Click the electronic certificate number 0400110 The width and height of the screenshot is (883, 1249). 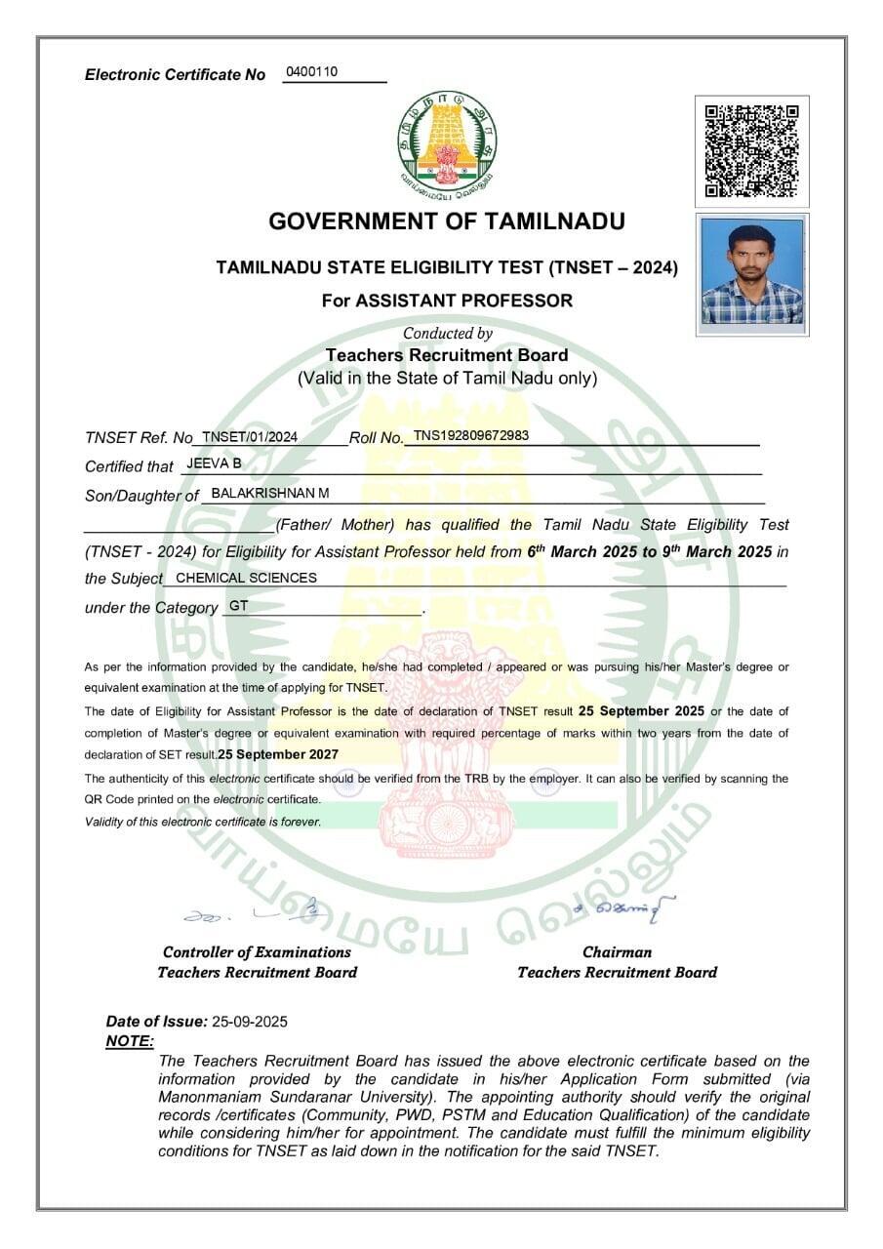point(311,72)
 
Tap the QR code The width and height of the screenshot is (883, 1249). point(751,150)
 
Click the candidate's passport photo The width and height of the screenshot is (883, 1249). point(751,272)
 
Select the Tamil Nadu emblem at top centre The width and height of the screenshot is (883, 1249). point(446,140)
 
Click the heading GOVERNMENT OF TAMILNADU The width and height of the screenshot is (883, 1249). point(447,222)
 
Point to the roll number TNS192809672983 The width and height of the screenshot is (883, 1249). point(471,435)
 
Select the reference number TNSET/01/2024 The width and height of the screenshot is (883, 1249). point(250,436)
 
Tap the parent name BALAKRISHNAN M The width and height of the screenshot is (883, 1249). point(270,493)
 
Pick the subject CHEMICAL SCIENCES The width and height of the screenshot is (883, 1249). point(246,578)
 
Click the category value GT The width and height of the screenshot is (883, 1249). point(238,606)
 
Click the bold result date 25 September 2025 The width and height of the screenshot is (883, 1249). point(641,710)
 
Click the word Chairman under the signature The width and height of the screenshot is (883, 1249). point(617,952)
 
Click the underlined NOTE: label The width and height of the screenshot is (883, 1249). point(129,1041)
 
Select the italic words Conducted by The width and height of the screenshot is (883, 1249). point(447,333)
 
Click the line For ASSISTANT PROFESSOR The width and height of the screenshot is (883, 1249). point(447,301)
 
